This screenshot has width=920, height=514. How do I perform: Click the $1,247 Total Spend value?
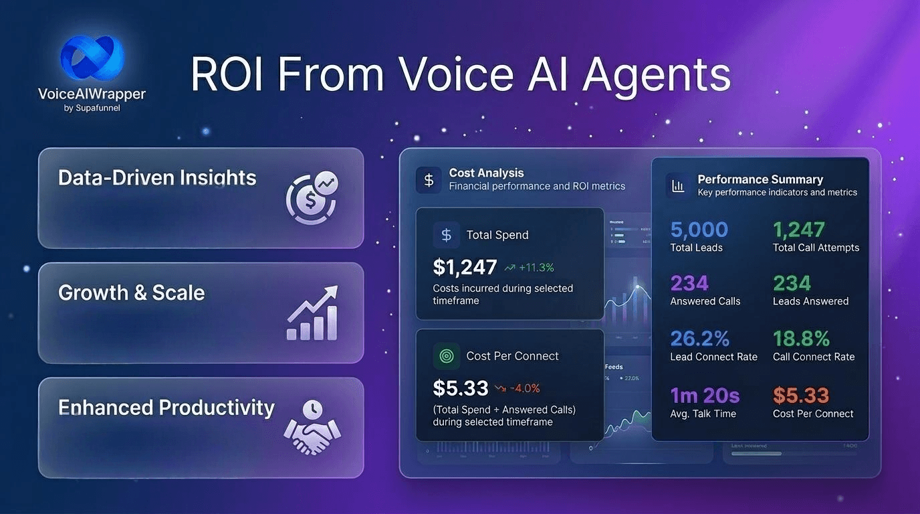(x=465, y=267)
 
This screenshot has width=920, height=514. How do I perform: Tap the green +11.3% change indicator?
(x=530, y=268)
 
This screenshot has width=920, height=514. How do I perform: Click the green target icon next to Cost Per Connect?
(x=446, y=356)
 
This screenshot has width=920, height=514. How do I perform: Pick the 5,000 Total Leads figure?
(x=699, y=230)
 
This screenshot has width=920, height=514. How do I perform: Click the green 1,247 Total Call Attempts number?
(x=799, y=230)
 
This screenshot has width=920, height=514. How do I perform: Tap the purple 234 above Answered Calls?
(x=689, y=283)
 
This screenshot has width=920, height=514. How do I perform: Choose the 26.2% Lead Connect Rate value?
(x=699, y=339)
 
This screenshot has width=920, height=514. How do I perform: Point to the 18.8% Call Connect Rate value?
(x=801, y=339)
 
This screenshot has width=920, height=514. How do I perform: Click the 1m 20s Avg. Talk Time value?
(x=705, y=396)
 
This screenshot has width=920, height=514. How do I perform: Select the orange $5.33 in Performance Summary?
(x=800, y=396)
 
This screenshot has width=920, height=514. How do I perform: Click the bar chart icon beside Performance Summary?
(x=678, y=185)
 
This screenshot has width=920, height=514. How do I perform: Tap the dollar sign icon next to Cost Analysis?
(x=429, y=179)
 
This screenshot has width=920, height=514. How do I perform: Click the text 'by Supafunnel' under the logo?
(x=92, y=108)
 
